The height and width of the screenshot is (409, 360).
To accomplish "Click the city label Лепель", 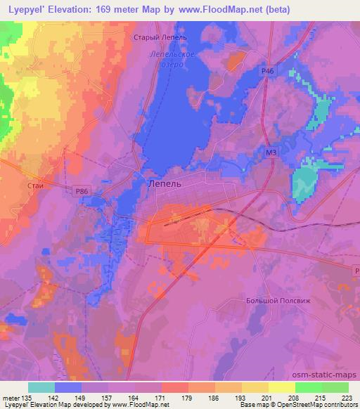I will [x=165, y=183].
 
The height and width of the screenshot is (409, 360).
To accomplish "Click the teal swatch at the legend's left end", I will [x=41, y=387].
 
